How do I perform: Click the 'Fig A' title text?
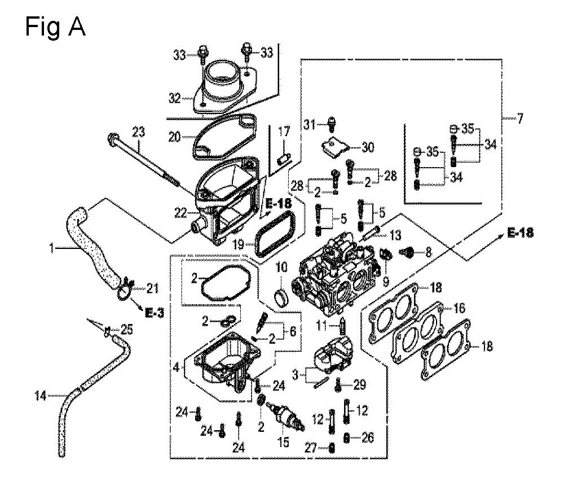click(x=55, y=27)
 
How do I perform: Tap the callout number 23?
click(x=138, y=132)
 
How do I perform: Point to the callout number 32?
click(x=174, y=98)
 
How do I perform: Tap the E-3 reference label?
click(x=154, y=313)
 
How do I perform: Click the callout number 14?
click(x=40, y=396)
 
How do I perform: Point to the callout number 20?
click(x=174, y=137)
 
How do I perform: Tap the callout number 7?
click(x=521, y=118)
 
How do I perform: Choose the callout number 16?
click(x=459, y=308)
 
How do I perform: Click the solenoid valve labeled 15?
click(x=286, y=418)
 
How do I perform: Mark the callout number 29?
click(x=359, y=384)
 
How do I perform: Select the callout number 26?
click(x=367, y=437)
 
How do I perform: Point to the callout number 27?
click(x=311, y=448)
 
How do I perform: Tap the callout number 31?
click(x=309, y=125)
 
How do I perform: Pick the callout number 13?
click(x=395, y=235)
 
